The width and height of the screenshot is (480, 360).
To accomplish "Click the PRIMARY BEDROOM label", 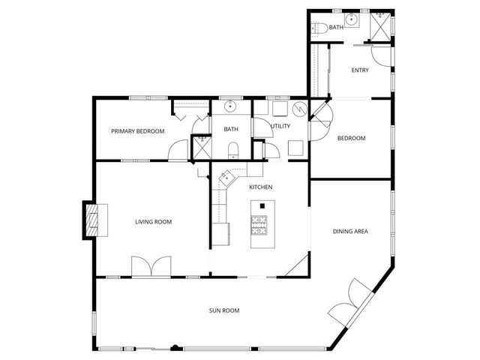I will click(137, 131).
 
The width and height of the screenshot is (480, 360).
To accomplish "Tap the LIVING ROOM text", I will click(154, 221).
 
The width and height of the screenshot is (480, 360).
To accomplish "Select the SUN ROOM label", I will click(224, 310).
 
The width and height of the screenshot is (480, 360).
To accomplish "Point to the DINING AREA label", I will click(350, 232).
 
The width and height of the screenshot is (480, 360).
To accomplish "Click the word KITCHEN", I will click(260, 187).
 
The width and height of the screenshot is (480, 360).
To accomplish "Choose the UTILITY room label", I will click(280, 127).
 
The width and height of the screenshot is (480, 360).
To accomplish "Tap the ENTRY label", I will click(361, 70).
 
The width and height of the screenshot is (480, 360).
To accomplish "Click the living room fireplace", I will click(91, 220).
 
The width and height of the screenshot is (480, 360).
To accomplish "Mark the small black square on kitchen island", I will click(262, 205).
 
